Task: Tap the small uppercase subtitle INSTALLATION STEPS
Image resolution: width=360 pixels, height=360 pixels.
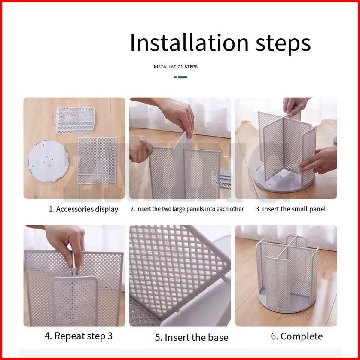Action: point(176,67)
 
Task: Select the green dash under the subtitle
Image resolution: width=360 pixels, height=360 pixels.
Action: point(180,77)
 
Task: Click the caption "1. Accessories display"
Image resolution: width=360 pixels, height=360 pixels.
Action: point(84,209)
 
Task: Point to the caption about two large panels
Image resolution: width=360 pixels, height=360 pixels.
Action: point(187,209)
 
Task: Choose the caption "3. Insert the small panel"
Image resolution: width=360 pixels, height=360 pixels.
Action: point(290,209)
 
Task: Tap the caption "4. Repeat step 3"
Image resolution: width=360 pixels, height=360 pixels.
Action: point(79,336)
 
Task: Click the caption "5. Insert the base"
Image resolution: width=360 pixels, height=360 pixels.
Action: point(192,338)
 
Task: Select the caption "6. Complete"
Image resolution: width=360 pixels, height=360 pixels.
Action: point(296,336)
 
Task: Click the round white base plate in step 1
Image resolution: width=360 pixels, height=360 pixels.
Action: point(49,161)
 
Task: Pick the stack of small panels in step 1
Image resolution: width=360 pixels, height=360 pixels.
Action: point(75,120)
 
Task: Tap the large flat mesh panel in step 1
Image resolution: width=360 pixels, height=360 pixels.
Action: point(97,161)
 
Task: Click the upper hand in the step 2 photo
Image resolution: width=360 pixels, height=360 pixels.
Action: point(174,115)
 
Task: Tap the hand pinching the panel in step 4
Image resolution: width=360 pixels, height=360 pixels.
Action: point(64,246)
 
